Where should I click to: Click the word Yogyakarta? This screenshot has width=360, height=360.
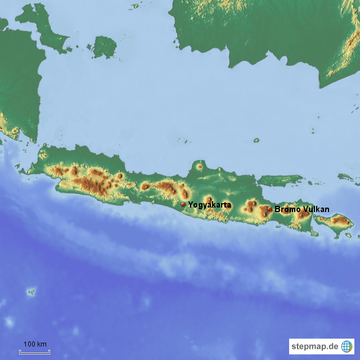click(209, 205)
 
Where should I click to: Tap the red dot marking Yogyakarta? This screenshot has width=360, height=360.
click(183, 205)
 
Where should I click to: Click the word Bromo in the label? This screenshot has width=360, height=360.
click(288, 209)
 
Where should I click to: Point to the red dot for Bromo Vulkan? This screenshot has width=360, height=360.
click(270, 209)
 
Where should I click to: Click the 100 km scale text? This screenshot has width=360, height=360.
click(34, 344)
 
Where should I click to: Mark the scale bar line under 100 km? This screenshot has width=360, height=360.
click(34, 352)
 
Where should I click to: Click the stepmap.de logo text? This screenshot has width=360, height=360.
click(314, 346)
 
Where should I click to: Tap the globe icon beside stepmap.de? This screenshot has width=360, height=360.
click(346, 346)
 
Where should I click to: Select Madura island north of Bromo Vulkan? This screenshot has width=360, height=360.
click(281, 180)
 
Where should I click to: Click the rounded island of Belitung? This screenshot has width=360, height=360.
click(104, 47)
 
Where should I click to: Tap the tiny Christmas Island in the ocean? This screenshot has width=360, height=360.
click(31, 292)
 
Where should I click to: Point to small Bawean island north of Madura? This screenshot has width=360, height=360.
click(256, 140)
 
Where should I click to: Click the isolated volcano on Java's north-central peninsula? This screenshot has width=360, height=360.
click(199, 166)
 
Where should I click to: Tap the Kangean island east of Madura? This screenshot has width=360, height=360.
click(346, 177)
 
